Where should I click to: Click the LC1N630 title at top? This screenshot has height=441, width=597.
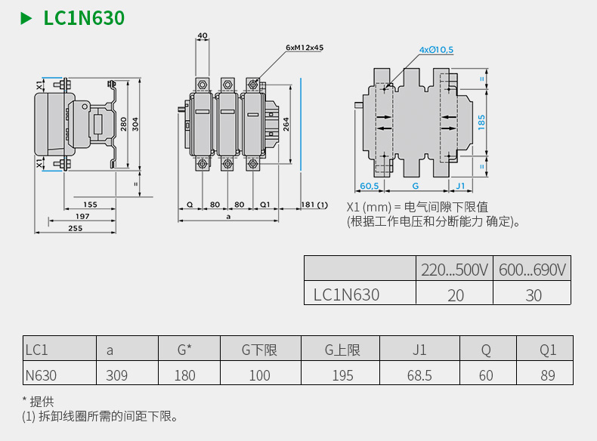coord(84,17)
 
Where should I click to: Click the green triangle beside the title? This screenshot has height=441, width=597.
coord(26,17)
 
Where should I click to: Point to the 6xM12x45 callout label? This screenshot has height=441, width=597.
coord(305,47)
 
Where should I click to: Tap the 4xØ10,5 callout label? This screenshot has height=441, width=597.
coord(436,50)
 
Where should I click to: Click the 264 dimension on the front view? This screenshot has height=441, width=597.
coord(286,125)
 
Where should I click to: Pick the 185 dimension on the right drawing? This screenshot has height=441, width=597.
coord(481,121)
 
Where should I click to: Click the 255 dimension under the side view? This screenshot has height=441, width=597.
coord(75,227)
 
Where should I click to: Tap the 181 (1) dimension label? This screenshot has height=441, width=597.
coord(314,205)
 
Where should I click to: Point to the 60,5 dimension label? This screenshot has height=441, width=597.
coord(369,185)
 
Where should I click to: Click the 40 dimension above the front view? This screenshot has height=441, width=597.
coord(202,35)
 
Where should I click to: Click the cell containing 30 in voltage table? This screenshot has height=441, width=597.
coord(534,295)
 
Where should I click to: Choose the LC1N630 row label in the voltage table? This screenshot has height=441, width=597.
coord(347,295)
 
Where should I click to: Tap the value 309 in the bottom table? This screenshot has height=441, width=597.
coord(117,375)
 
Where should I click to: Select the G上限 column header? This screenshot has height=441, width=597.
coord(342,350)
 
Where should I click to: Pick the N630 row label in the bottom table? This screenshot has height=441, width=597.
coord(41,375)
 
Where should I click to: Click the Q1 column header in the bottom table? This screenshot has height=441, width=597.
coord(548,350)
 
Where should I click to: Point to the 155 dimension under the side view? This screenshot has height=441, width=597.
coord(90,205)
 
